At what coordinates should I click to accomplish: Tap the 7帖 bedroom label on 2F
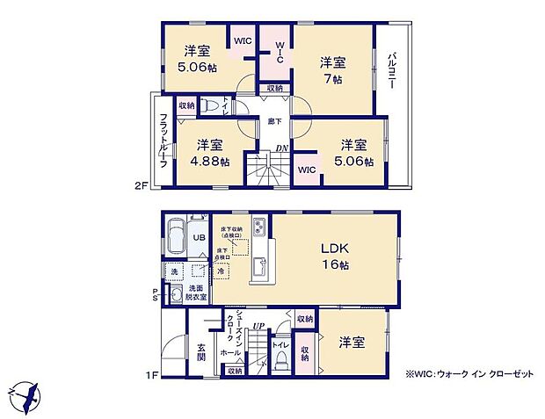(332, 70)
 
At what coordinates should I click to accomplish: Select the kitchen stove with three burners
(261, 228)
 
